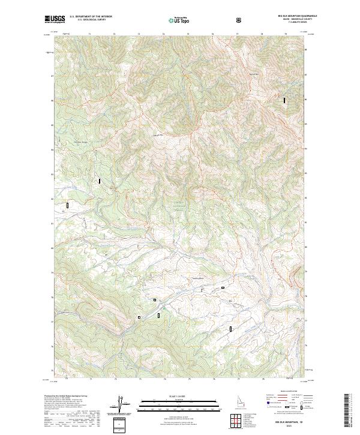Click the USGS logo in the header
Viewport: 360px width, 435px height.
[x=55, y=19]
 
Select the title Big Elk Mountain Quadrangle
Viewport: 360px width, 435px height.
[x=283, y=16]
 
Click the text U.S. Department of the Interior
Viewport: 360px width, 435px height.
[x=91, y=17]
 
